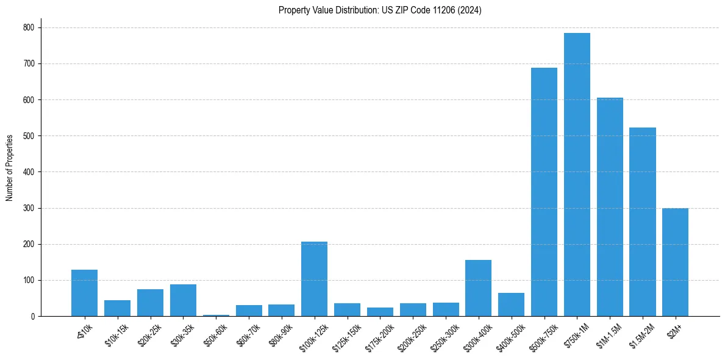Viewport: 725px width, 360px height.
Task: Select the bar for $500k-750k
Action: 544,192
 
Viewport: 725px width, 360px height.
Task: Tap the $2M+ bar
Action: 675,262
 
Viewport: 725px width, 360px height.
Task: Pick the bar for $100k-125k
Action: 314,279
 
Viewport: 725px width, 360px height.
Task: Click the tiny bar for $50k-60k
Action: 216,315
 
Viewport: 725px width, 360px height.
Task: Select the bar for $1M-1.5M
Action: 610,207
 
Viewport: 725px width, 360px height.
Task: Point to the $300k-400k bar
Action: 478,288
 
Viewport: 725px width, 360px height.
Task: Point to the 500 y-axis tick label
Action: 28,136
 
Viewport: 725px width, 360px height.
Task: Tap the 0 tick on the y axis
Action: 32,316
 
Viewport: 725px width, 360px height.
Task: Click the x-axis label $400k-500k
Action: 511,334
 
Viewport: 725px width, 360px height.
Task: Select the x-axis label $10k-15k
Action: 117,334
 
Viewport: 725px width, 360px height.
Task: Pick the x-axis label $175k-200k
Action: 379,335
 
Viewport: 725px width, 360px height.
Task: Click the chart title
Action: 380,10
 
